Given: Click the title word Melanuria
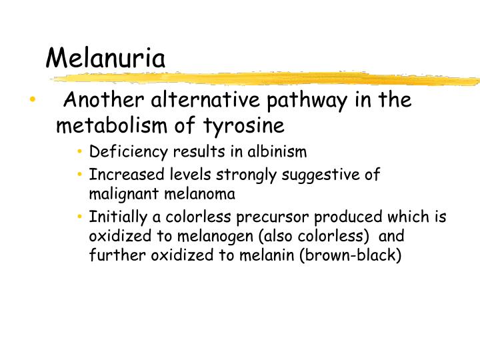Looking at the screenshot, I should [x=105, y=59].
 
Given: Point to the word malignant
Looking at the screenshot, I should [x=119, y=195].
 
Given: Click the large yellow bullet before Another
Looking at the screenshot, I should [x=32, y=101].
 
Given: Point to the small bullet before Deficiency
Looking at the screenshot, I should [x=79, y=152].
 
